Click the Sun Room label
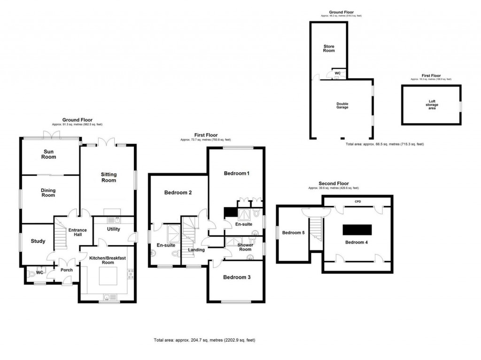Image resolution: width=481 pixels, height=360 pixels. [48, 154]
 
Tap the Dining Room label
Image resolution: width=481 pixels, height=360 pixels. [47, 192]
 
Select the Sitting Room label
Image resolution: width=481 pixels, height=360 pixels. [109, 177]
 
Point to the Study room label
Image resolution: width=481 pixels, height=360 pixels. [38, 241]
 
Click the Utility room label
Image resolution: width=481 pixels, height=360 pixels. [113, 229]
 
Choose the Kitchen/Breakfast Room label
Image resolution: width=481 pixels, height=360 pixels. [108, 260]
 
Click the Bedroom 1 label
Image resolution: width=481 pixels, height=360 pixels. [236, 174]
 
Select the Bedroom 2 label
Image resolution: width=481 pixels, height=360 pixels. [178, 192]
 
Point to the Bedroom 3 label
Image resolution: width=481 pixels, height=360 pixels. [236, 277]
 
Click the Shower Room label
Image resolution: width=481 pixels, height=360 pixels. [245, 247]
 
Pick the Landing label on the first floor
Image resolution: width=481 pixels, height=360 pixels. [196, 250]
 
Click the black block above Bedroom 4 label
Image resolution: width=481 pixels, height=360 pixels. [357, 230]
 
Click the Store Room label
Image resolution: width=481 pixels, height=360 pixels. [329, 48]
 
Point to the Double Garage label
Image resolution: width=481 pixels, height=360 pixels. [342, 106]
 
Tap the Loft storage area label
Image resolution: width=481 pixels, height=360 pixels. [432, 104]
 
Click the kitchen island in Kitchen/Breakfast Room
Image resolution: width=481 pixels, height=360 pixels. [109, 277]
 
